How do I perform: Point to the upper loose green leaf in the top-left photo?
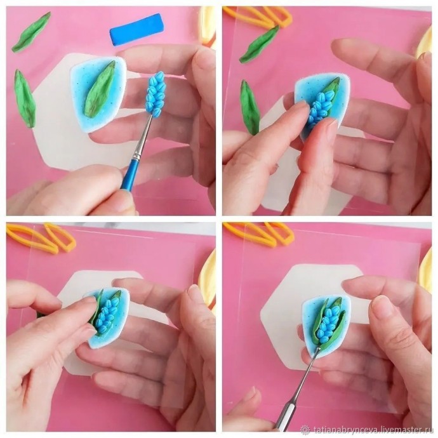[31, 32]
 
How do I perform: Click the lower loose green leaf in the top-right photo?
[250, 107]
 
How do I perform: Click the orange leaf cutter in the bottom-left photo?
[42, 237]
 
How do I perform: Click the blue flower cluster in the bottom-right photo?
[329, 321]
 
